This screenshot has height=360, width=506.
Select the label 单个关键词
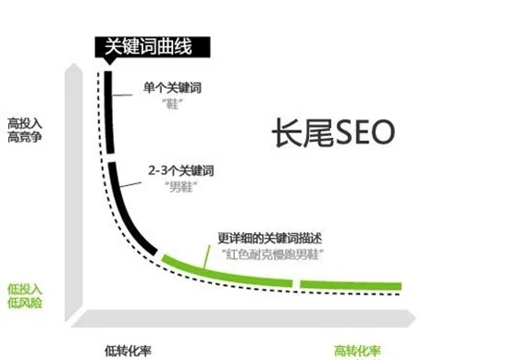(172, 89)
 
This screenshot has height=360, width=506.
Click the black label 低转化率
(129, 350)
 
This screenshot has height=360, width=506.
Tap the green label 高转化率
(356, 350)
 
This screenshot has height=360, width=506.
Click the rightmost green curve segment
(352, 282)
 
